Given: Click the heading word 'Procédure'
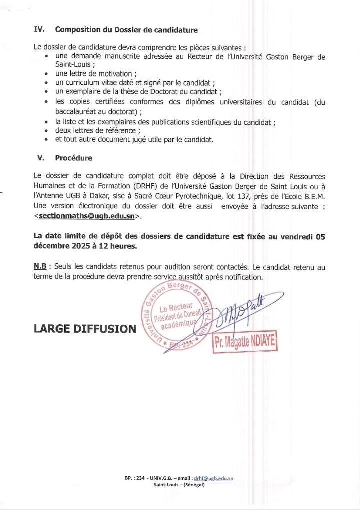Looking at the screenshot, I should [x=73, y=158].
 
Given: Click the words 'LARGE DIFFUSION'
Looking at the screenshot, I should [x=85, y=329].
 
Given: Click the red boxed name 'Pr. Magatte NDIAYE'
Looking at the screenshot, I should [x=245, y=343].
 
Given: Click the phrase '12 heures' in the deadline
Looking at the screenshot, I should [x=120, y=246].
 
